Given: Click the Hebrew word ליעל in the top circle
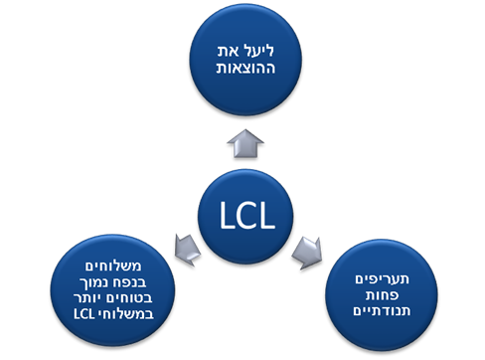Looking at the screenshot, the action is tap(256, 51).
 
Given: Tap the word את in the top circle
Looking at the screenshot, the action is tap(227, 52).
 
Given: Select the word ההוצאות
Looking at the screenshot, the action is tap(245, 68).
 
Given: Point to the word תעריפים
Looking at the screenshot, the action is tap(382, 279).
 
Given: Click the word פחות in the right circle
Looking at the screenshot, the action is tap(382, 295).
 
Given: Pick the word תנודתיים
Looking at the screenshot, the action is tap(382, 310).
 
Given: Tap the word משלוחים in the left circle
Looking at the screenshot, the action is tap(113, 266).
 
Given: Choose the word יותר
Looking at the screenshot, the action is tap(89, 297).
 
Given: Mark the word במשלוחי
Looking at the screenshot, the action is tap(126, 313).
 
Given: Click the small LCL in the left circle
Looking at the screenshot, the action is tap(84, 314).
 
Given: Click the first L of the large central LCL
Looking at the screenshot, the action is tap(226, 216).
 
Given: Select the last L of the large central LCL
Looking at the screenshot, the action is tap(268, 216).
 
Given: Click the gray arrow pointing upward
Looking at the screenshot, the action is tap(245, 143).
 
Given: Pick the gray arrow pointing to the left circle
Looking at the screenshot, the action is tap(188, 250).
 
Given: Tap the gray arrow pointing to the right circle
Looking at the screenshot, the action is tap(307, 253).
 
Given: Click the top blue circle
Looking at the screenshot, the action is tap(245, 60).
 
